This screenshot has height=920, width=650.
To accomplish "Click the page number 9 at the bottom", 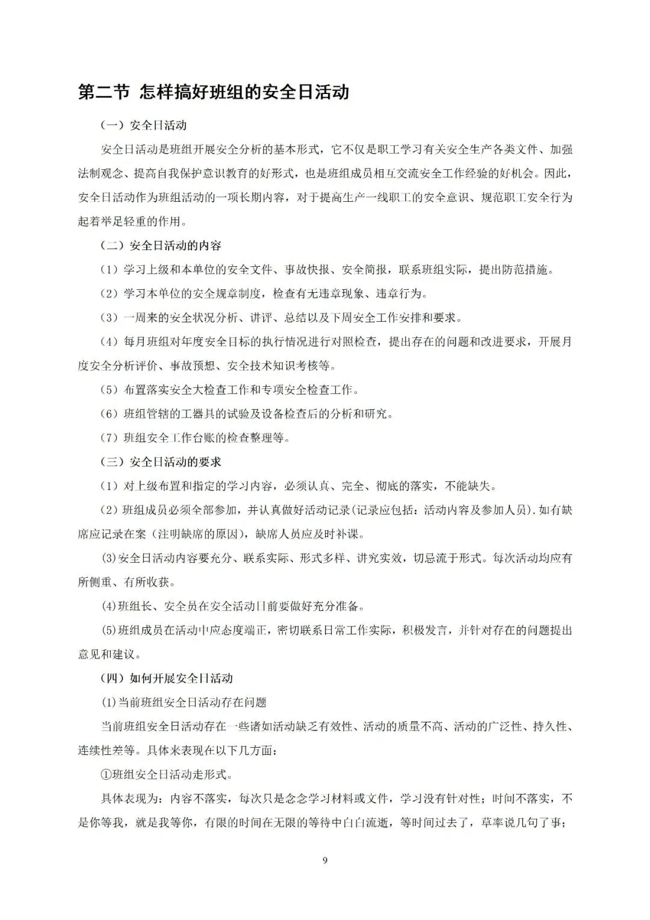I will coord(325,860).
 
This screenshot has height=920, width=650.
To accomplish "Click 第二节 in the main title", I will coord(104,92).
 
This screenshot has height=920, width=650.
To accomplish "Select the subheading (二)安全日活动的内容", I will coord(161,246).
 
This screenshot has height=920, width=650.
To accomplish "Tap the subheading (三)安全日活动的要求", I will coord(161,462).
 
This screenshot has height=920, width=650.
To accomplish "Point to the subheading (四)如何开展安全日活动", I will coord(167,678).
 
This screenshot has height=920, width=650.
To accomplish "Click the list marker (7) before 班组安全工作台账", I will coord(110,438).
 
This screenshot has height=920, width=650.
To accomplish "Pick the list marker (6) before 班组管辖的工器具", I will coord(110,414).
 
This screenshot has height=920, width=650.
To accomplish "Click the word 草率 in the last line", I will coord(474,823).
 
